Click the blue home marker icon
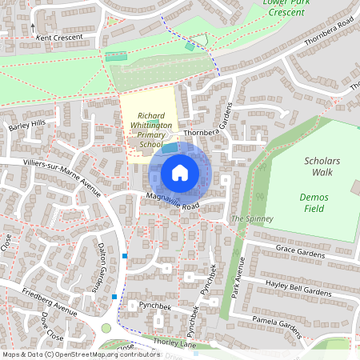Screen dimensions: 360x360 pos(180,173)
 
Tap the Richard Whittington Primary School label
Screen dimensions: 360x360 pos(151,130)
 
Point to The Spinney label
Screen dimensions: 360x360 pos(252,218)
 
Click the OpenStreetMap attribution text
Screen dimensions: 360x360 pos(80,354)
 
